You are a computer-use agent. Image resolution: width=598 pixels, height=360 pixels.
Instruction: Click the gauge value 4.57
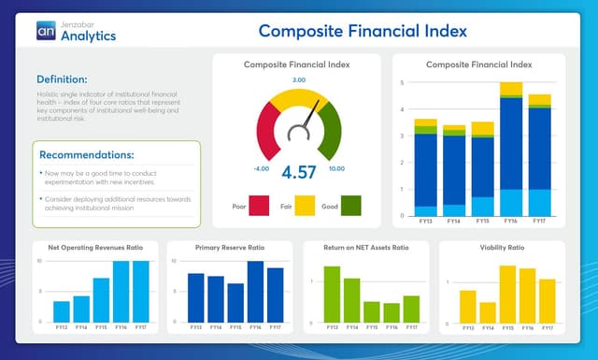point(299,172)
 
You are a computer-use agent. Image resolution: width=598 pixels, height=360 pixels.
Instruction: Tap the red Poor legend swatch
point(259,205)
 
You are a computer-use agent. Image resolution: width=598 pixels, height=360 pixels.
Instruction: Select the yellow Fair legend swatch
point(305,205)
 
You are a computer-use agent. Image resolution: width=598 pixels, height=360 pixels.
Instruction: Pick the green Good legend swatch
point(350,205)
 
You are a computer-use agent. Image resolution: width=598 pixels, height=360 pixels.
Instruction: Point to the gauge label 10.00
point(336,169)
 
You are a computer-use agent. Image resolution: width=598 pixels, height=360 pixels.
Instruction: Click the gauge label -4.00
point(261,169)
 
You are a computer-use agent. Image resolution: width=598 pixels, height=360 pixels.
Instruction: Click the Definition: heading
point(62,79)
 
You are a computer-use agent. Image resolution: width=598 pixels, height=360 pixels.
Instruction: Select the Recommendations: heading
point(87,154)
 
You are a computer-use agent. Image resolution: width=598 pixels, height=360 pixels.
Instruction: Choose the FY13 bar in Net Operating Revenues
point(62,311)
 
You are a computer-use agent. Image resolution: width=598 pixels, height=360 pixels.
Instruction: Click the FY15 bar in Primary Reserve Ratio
point(235,303)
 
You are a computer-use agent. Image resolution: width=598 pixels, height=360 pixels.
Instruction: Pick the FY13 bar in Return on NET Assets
point(332,295)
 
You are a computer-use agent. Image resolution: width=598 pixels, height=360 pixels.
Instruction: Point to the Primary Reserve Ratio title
point(230,249)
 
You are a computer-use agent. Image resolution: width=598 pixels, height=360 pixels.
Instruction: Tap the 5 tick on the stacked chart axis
point(402,83)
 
